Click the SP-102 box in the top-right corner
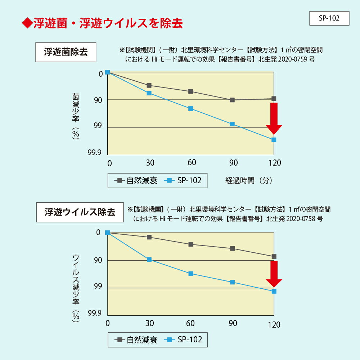[x=329, y=18]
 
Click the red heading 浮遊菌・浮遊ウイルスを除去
[x=103, y=23]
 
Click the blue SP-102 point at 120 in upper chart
[x=274, y=140]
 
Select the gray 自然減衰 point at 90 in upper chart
[x=232, y=100]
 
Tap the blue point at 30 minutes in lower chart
[x=149, y=260]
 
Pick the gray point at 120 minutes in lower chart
[x=274, y=257]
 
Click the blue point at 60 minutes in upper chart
[x=191, y=109]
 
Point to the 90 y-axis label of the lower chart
[x=98, y=260]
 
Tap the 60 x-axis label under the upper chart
[x=192, y=163]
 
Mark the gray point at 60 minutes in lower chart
[x=191, y=244]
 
